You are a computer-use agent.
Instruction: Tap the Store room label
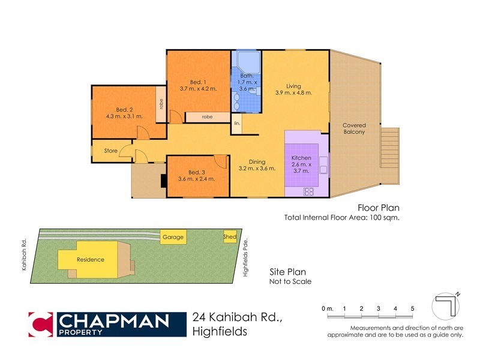coord(110,151)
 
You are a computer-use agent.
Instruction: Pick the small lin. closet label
coord(237,124)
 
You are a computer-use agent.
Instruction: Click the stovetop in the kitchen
coord(309,192)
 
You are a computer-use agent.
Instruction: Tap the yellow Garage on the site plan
coord(173,238)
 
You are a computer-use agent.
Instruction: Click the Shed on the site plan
coord(230,236)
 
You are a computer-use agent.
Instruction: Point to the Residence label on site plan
coord(90,260)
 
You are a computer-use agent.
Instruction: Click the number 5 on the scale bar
coord(412,308)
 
